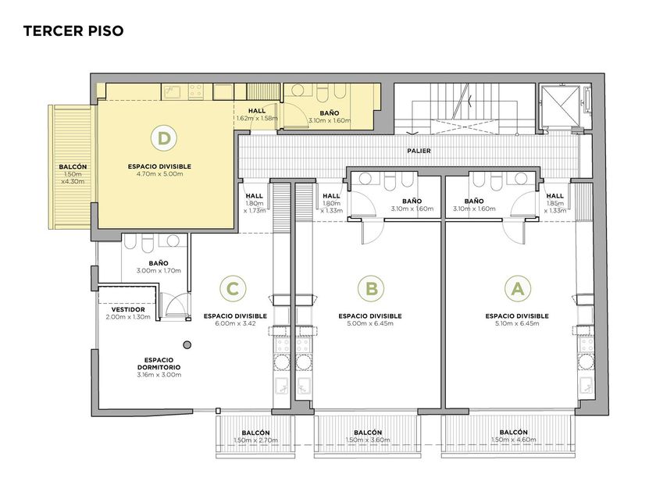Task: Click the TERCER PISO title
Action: (x=73, y=30)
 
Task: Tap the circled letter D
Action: (x=164, y=138)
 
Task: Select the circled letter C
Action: (x=233, y=289)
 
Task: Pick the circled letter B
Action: (x=371, y=289)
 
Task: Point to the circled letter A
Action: (x=518, y=289)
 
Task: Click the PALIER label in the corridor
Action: (x=419, y=151)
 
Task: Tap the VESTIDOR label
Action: (x=128, y=309)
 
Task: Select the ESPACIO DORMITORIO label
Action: (x=159, y=364)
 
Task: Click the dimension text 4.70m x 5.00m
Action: (x=159, y=173)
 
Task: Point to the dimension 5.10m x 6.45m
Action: (x=517, y=323)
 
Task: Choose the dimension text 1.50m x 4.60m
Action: (x=513, y=440)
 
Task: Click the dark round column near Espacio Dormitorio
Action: (x=188, y=344)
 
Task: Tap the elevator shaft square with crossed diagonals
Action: (x=560, y=106)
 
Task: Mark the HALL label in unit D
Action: (x=257, y=111)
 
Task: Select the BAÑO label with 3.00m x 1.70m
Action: (x=159, y=263)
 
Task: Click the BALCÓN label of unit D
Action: (x=73, y=166)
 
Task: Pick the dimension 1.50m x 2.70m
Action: (x=255, y=440)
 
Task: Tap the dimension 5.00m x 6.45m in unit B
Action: (x=370, y=323)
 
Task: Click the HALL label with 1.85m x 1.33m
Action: (x=554, y=196)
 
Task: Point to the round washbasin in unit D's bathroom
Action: (x=298, y=91)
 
